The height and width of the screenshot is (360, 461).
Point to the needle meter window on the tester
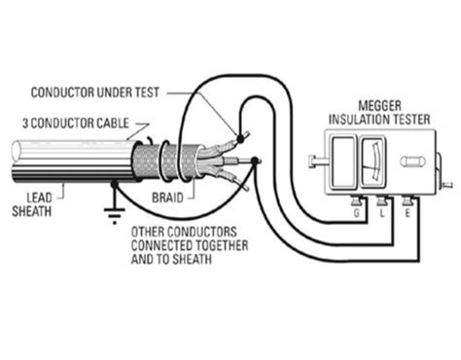coord(372,161)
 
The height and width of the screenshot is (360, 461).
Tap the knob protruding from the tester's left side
coord(311,161)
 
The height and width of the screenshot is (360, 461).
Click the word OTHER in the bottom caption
coord(147,231)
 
